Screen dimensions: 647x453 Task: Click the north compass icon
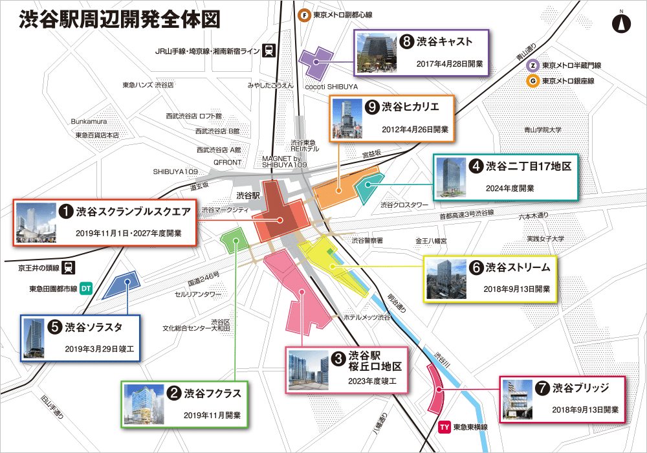pyautogui.click(x=621, y=23)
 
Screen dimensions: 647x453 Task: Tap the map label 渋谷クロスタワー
pyautogui.click(x=404, y=205)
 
